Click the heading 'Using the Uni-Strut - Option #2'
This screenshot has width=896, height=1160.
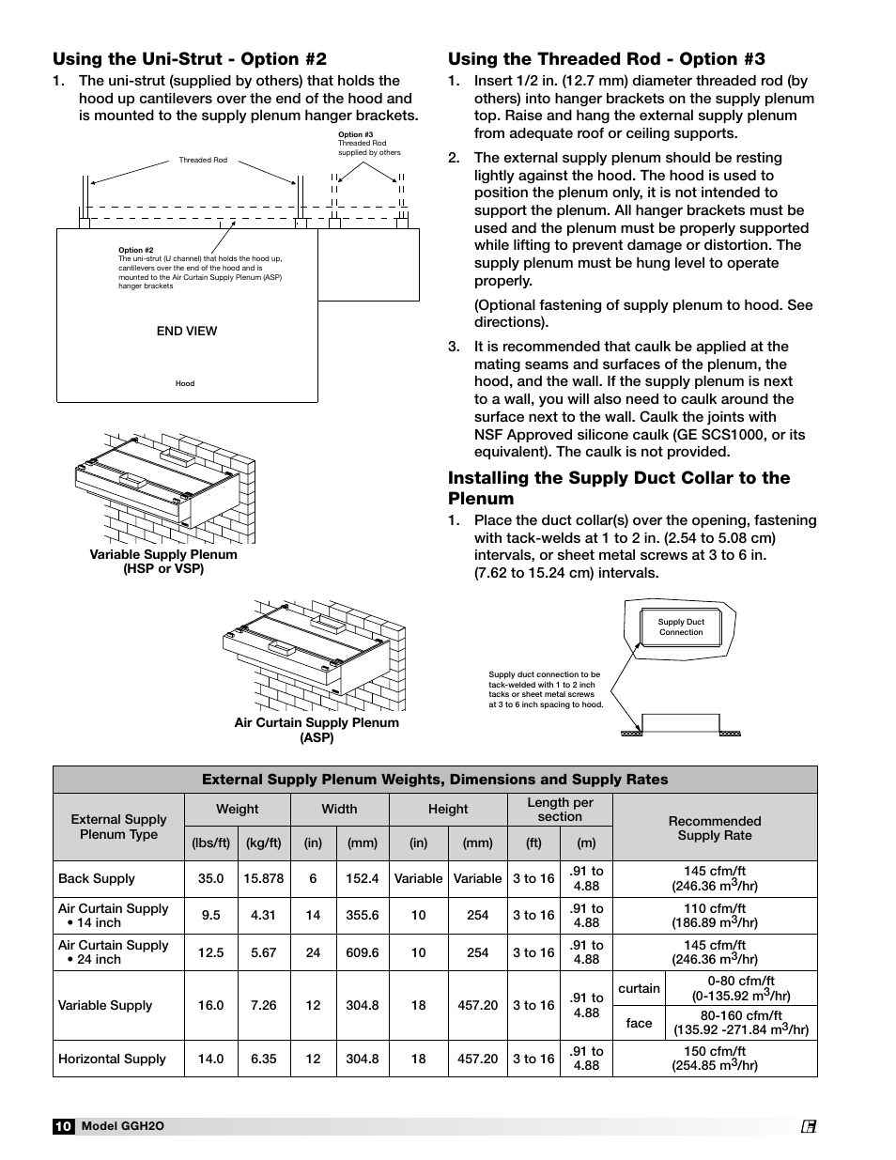pyautogui.click(x=190, y=59)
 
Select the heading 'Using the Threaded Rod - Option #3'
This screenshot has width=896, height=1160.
pyautogui.click(x=606, y=59)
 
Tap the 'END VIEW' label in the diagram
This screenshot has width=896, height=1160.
pyautogui.click(x=187, y=331)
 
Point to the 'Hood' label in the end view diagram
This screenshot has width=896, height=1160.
pyautogui.click(x=185, y=383)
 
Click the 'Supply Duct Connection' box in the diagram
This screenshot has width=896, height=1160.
pyautogui.click(x=681, y=627)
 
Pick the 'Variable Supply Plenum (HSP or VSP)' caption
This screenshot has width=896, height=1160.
pyautogui.click(x=163, y=561)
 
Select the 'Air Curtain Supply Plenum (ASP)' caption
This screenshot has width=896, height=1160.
pyautogui.click(x=317, y=730)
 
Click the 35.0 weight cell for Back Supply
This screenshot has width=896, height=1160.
pyautogui.click(x=211, y=878)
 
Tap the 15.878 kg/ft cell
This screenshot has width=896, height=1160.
pyautogui.click(x=263, y=878)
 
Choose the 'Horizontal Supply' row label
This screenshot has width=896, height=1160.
pyautogui.click(x=112, y=1059)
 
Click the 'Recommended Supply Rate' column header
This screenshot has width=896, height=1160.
pyautogui.click(x=714, y=827)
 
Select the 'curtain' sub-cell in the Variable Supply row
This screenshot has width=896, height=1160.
pyautogui.click(x=639, y=988)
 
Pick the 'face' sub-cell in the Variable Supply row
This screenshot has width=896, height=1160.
pyautogui.click(x=639, y=1023)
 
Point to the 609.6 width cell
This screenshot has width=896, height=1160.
pyautogui.click(x=362, y=952)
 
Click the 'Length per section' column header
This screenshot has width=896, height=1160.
pyautogui.click(x=560, y=809)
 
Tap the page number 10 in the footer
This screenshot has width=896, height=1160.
pyautogui.click(x=63, y=1126)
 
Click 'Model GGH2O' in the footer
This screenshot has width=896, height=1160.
pyautogui.click(x=122, y=1126)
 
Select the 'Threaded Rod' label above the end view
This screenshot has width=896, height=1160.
pyautogui.click(x=203, y=161)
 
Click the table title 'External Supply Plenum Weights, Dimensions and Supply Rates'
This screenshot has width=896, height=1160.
pyautogui.click(x=435, y=780)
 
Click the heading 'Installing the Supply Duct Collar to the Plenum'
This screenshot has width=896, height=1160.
pyautogui.click(x=619, y=487)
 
